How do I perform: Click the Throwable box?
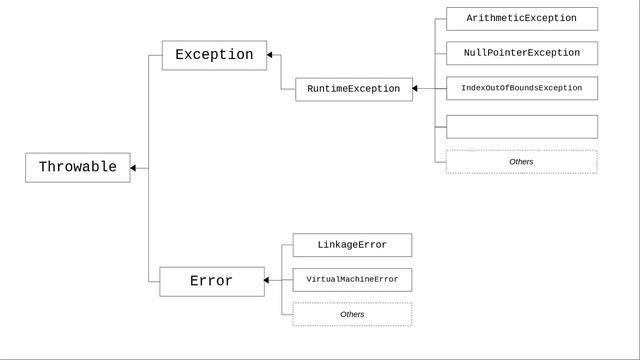[77, 168]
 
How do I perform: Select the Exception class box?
[214, 55]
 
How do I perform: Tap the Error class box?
[212, 281]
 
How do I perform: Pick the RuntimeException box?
[353, 89]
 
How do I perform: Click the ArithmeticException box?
[521, 19]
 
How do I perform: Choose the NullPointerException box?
[521, 53]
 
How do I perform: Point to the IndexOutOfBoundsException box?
[521, 88]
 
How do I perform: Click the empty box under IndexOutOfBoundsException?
[521, 126]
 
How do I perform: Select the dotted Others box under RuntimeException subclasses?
[521, 161]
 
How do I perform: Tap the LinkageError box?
[352, 245]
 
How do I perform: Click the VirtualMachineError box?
[352, 280]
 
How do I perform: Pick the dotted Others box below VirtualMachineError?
[352, 314]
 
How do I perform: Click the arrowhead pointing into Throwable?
[134, 168]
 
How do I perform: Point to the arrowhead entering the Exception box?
[271, 55]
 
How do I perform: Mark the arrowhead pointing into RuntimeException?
[416, 89]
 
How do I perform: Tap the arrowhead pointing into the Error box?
[268, 281]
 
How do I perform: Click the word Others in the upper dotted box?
[521, 161]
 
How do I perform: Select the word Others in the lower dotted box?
[352, 314]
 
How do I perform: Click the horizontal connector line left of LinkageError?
[287, 245]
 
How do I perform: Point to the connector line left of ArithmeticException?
[440, 19]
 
